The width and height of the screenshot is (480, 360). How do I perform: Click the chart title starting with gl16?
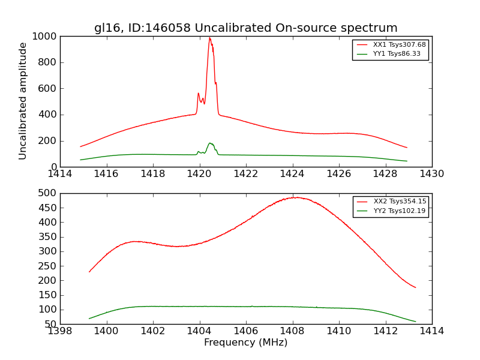pyautogui.click(x=245, y=28)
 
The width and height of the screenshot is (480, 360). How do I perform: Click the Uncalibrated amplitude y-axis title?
pyautogui.click(x=23, y=101)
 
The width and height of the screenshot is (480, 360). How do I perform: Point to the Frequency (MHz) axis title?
pyautogui.click(x=245, y=343)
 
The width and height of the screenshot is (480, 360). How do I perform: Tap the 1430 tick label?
pyautogui.click(x=431, y=174)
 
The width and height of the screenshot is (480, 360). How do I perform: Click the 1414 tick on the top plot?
pyautogui.click(x=60, y=174)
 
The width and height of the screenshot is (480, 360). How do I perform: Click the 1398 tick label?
pyautogui.click(x=60, y=331)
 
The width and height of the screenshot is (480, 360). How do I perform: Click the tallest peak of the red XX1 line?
pyautogui.click(x=209, y=38)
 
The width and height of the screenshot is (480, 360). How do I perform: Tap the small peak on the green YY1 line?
pyautogui.click(x=210, y=143)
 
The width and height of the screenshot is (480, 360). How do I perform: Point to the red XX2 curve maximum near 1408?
pyautogui.click(x=296, y=197)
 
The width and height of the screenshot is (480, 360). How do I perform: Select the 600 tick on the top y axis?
pyautogui.click(x=48, y=89)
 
